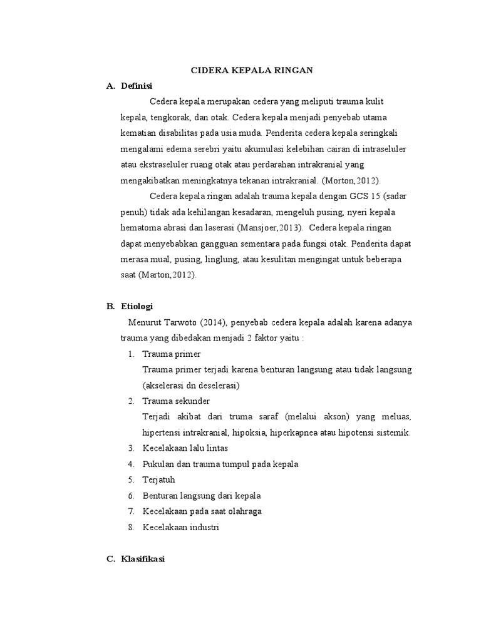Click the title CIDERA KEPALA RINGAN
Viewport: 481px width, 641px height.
pyautogui.click(x=252, y=71)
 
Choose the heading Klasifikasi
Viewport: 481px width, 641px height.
pyautogui.click(x=143, y=560)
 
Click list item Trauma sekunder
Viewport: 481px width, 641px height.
pyautogui.click(x=176, y=401)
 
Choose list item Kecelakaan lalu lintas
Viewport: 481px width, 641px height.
pyautogui.click(x=185, y=448)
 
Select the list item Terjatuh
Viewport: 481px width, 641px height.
pyautogui.click(x=159, y=479)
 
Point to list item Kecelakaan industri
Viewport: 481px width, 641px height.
pyautogui.click(x=180, y=527)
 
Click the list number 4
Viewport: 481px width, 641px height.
pyautogui.click(x=131, y=464)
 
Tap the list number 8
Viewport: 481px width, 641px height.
pyautogui.click(x=131, y=527)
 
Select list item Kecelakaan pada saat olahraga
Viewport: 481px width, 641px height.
pyautogui.click(x=202, y=511)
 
